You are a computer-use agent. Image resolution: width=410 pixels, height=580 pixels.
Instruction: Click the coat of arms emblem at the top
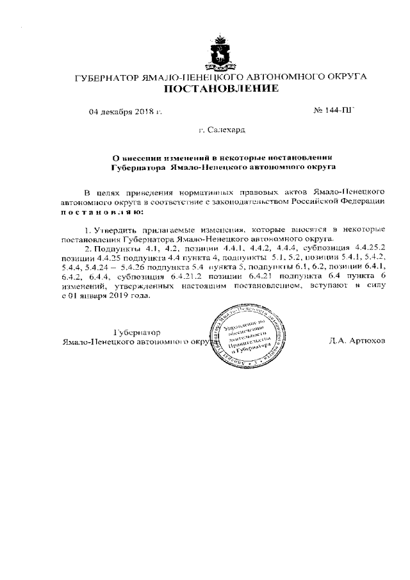(x=221, y=52)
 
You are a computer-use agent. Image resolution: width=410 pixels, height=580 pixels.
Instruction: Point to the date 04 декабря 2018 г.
(x=126, y=112)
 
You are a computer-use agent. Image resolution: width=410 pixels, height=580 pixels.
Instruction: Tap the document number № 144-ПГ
(x=333, y=112)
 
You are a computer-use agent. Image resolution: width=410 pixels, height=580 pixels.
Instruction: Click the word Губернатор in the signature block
(x=136, y=332)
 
